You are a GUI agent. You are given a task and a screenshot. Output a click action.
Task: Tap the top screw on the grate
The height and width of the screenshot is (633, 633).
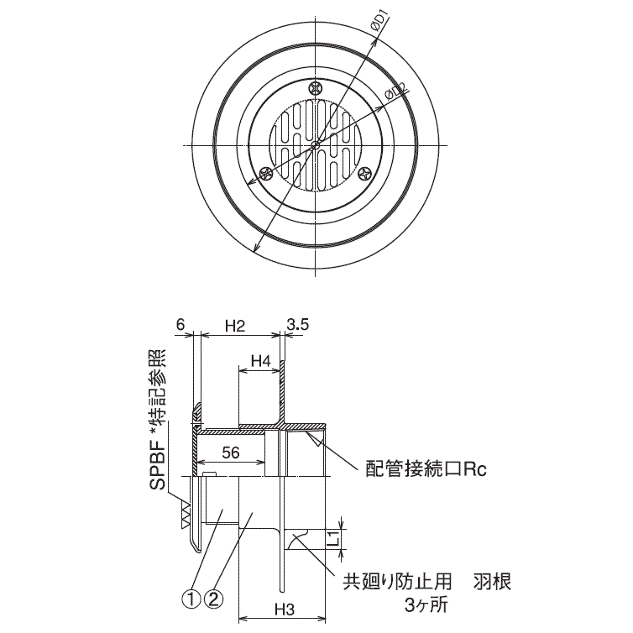click(x=316, y=86)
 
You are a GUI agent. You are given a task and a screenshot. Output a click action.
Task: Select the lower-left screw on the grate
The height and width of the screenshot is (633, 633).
click(x=266, y=174)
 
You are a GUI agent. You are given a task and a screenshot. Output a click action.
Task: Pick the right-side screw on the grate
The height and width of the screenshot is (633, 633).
click(x=364, y=173)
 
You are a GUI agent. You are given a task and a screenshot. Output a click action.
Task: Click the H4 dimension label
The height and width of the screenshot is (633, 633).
click(x=260, y=363)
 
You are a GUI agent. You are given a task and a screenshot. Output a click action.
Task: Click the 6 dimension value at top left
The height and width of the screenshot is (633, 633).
click(x=180, y=324)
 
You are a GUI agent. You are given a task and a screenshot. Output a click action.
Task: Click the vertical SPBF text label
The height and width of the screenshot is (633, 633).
click(x=157, y=417)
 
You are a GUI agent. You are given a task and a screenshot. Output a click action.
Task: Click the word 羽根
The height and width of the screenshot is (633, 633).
click(x=491, y=580)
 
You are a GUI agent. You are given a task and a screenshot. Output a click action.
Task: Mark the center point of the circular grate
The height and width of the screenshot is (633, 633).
click(x=315, y=145)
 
